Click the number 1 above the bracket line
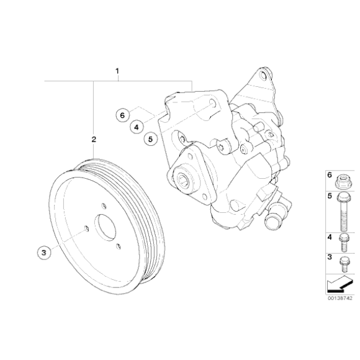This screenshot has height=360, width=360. pos(117,72)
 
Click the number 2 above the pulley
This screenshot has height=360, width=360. pos(94,140)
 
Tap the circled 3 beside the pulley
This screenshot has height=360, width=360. pos(43,252)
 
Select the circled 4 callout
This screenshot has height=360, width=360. pos(136,127)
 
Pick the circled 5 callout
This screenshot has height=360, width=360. pos(150,139)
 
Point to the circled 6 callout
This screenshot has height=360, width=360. pos(122,115)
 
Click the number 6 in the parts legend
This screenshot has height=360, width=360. pos(329,176)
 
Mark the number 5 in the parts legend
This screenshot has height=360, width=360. pos(329,197)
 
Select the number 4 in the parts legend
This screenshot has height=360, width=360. pos(329,237)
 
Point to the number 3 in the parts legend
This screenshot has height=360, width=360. pos(329,256)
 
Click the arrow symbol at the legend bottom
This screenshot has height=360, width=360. pos(336,285)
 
